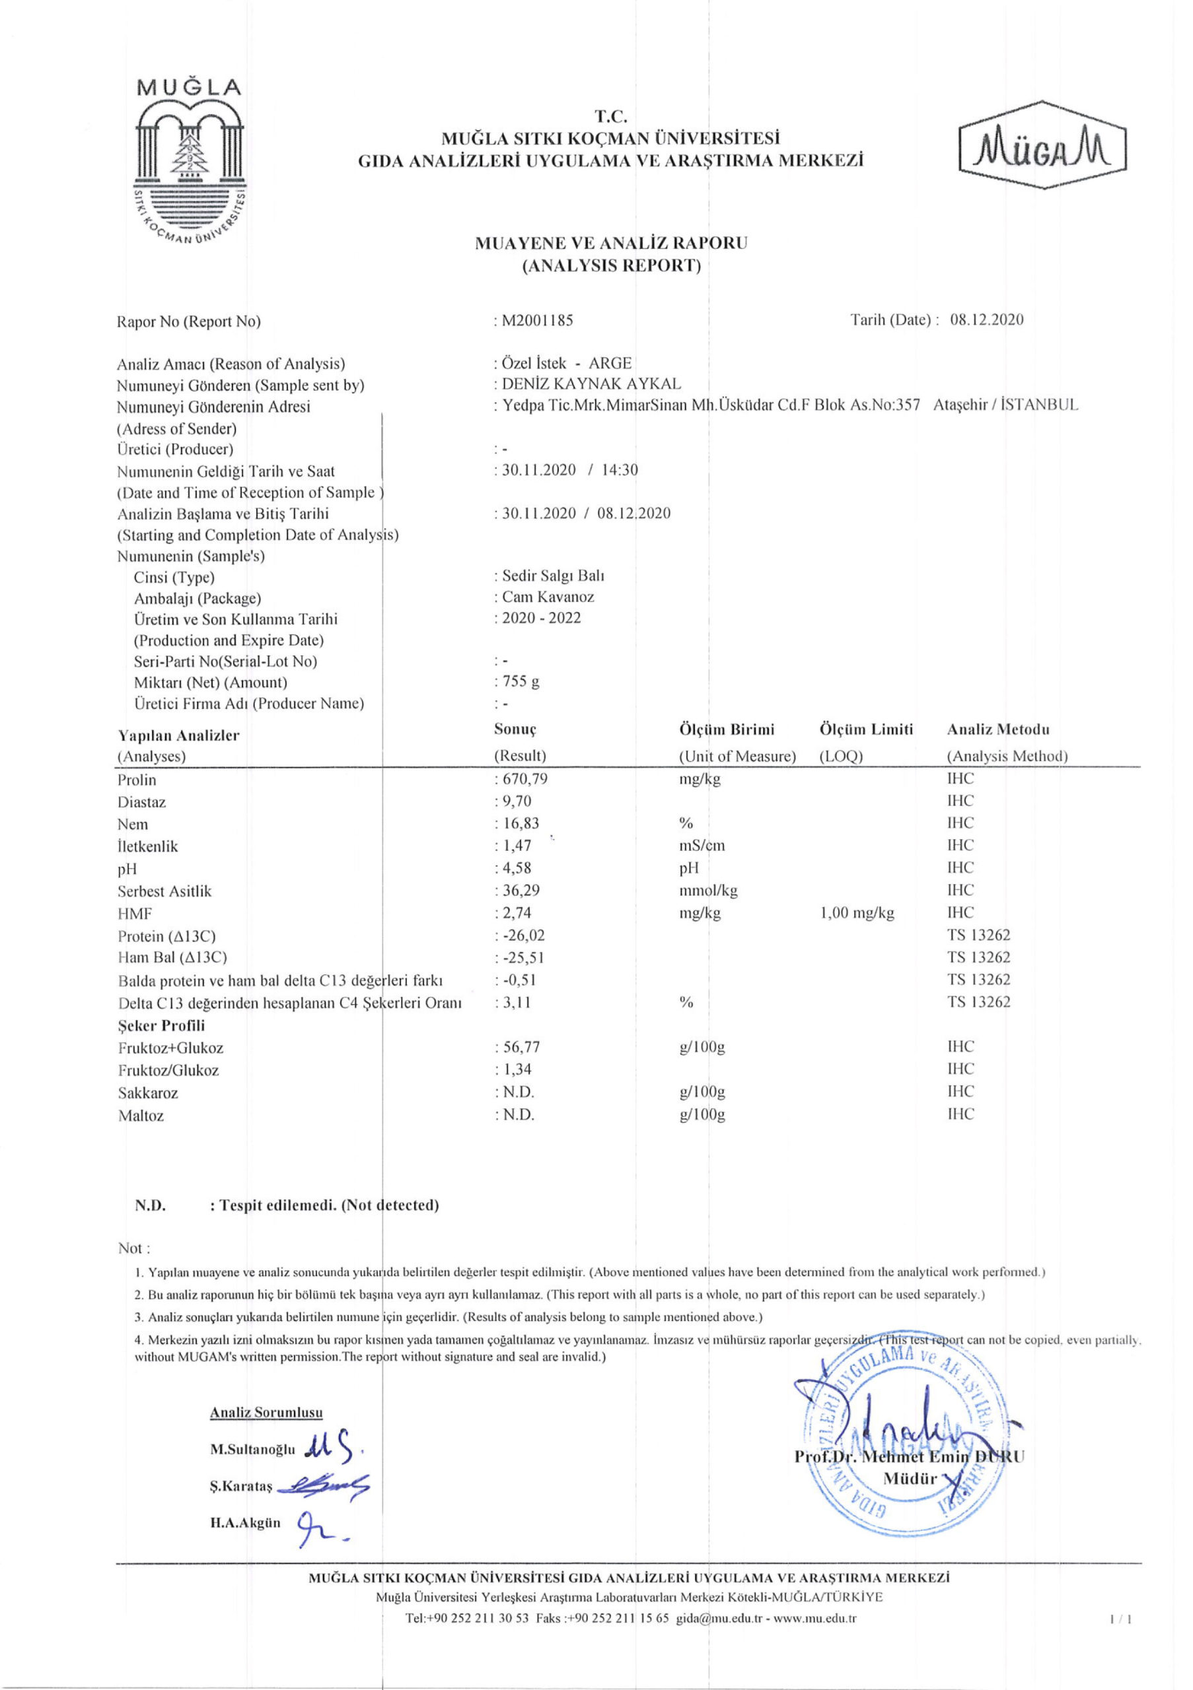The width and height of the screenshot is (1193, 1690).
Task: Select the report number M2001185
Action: point(537,320)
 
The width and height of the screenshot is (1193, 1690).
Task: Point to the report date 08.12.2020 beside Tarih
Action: point(986,320)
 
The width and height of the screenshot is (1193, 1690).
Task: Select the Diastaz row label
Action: point(141,802)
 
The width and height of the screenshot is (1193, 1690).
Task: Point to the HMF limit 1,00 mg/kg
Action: point(857,914)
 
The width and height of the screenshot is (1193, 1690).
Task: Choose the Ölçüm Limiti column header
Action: point(865,729)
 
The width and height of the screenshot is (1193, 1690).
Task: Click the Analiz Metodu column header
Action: point(998,729)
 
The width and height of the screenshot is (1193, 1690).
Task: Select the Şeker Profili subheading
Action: point(161,1025)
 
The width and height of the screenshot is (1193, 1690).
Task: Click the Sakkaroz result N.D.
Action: point(518,1092)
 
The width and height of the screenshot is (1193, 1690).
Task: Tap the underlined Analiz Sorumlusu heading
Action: point(266,1413)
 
